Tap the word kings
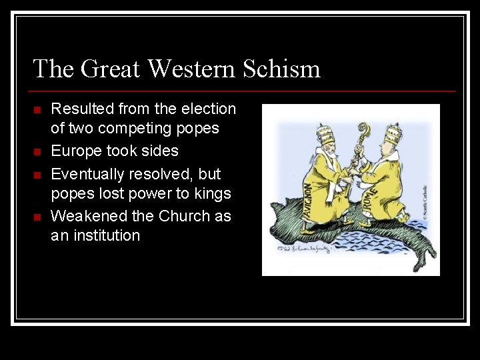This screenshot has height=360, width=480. [x=213, y=194]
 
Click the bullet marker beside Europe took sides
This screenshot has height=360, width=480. [x=37, y=152]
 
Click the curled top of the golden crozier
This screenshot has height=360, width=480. [x=365, y=131]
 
